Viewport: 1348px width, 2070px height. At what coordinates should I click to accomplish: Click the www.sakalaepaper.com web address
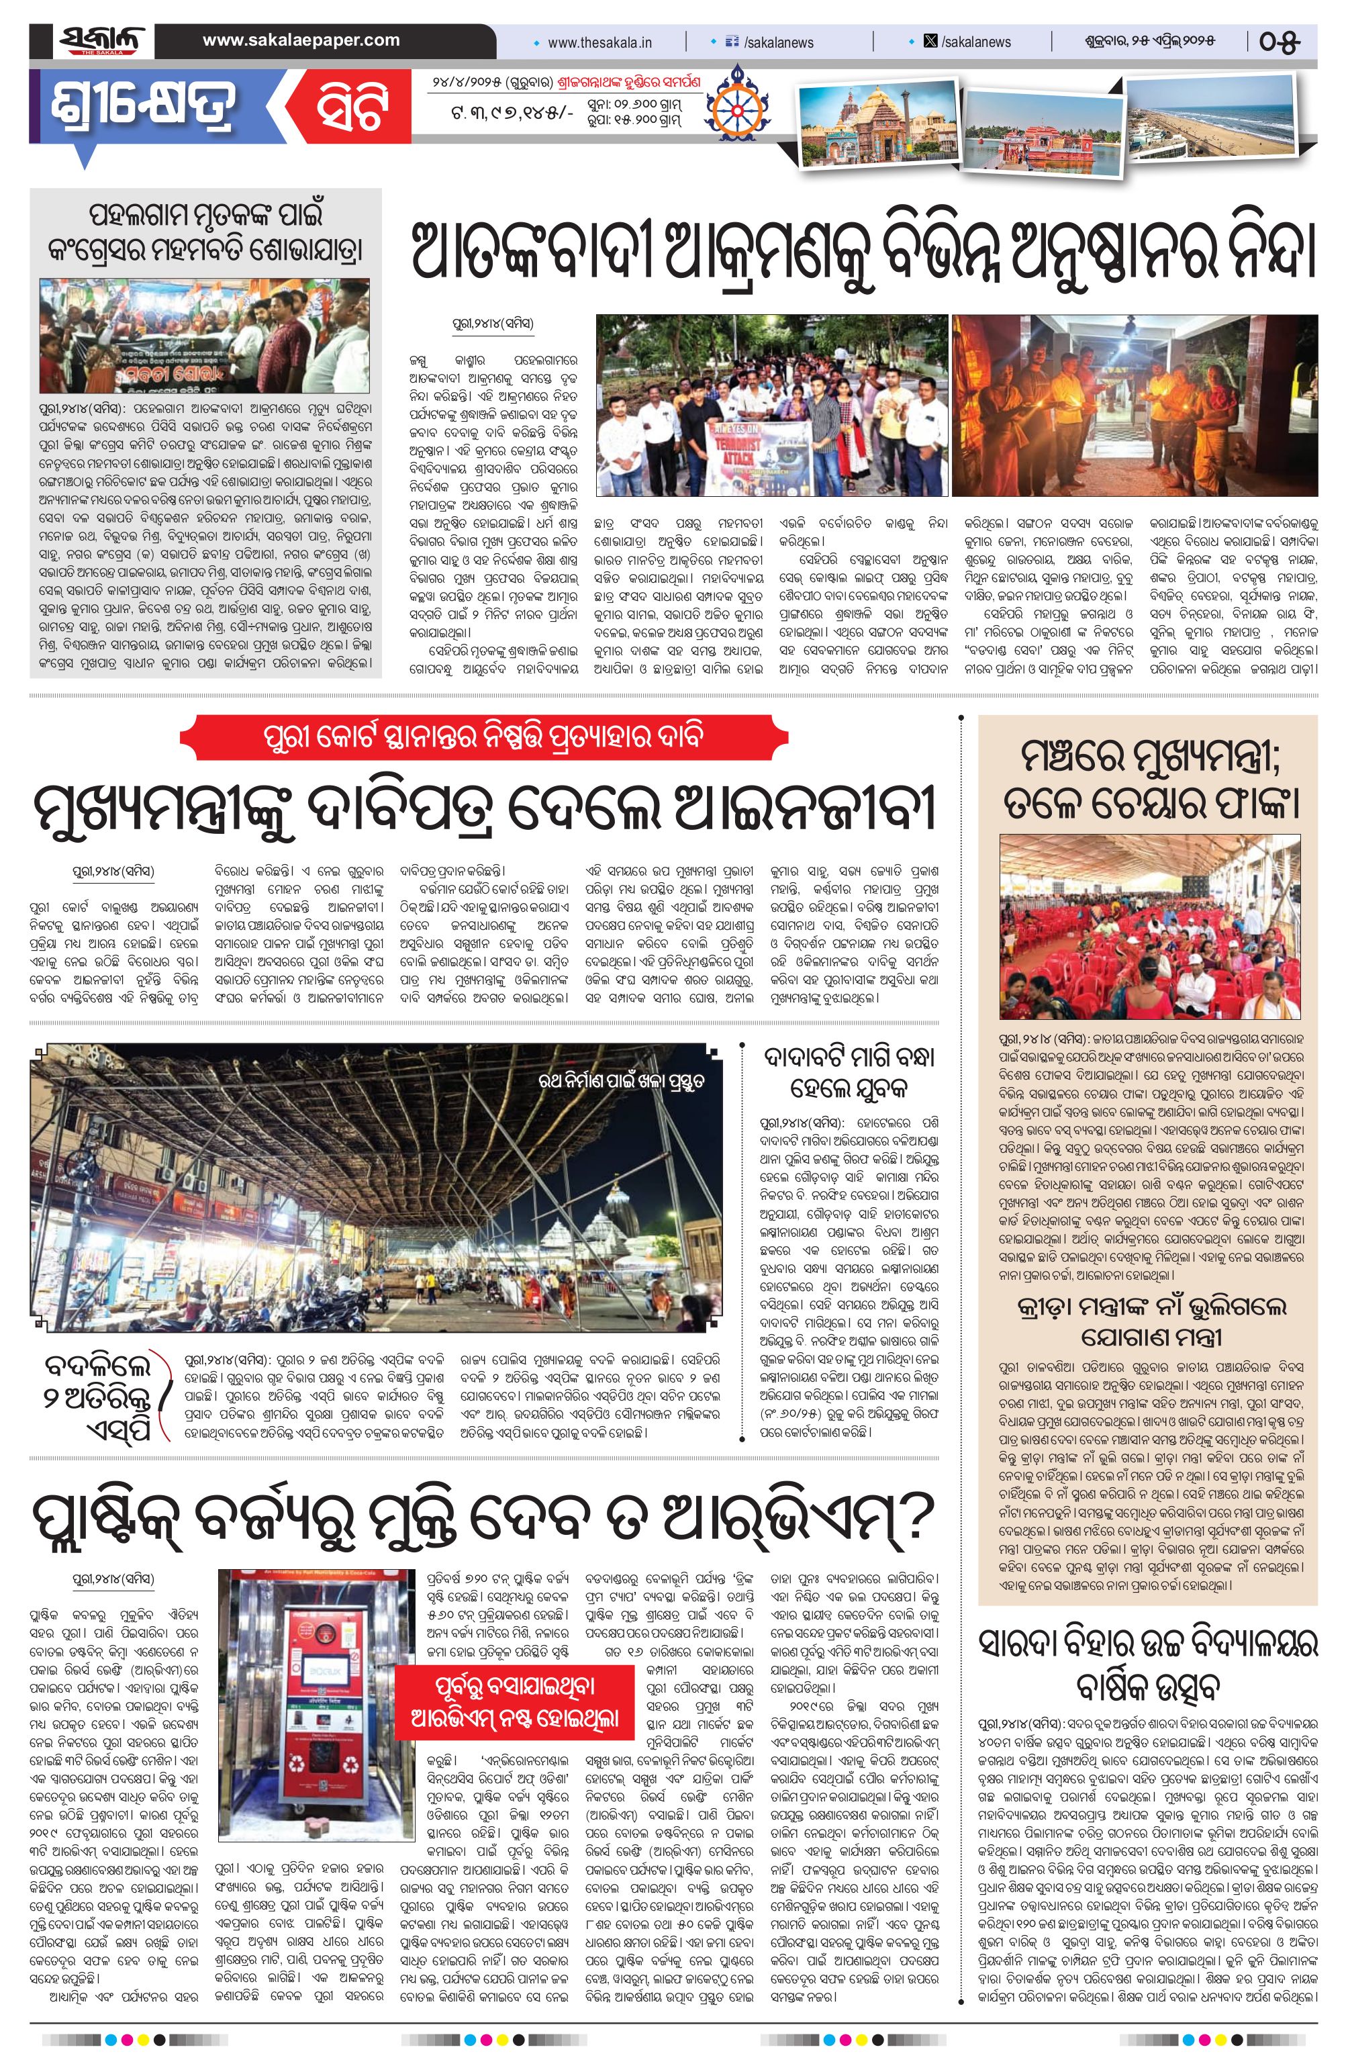tap(301, 40)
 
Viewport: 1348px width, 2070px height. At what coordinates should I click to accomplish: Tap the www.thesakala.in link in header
tap(600, 42)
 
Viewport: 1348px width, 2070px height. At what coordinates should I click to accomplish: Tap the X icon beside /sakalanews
tap(930, 41)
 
